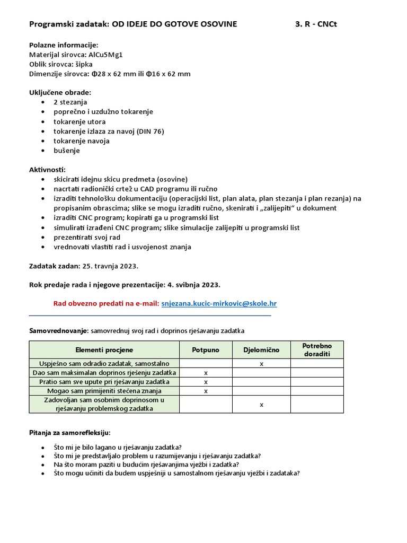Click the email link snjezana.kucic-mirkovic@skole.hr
click(x=219, y=303)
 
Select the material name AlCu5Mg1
click(x=105, y=55)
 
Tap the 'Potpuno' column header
click(x=206, y=350)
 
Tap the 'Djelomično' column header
click(x=261, y=350)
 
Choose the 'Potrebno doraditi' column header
click(x=317, y=350)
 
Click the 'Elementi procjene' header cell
click(x=104, y=350)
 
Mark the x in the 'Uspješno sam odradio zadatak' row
click(x=261, y=364)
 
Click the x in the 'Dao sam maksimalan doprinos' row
click(x=206, y=373)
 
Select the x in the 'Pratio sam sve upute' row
click(x=206, y=382)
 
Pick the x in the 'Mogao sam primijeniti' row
click(x=206, y=391)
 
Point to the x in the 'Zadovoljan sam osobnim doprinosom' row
click(x=261, y=404)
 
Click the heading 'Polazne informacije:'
click(x=64, y=45)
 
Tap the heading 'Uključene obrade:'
click(x=60, y=92)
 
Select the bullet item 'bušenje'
click(x=67, y=151)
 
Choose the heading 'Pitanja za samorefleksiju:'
click(x=69, y=433)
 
